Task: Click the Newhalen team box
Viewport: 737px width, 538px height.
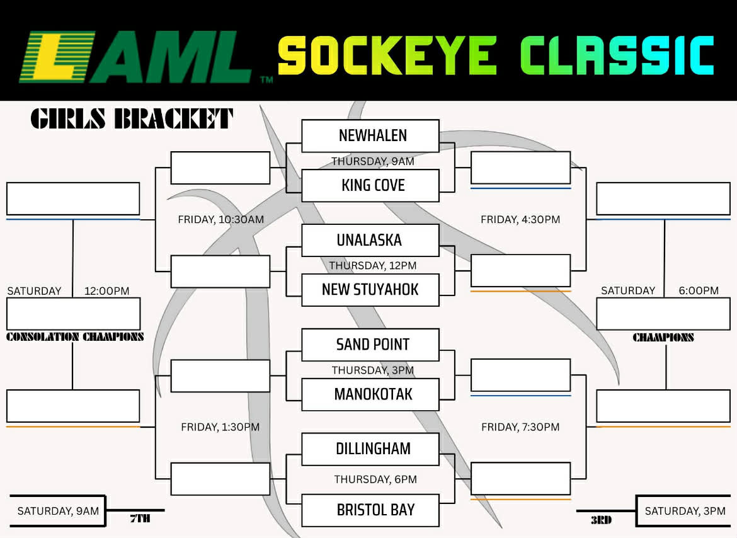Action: pos(370,135)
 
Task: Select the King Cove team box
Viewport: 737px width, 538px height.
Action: pos(370,185)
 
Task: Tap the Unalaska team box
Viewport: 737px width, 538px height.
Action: pos(370,240)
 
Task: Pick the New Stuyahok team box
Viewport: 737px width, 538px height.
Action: pos(370,290)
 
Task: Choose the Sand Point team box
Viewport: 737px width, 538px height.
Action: pos(370,345)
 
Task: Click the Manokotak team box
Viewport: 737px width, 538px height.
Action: pos(370,394)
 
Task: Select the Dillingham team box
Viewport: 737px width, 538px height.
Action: pos(370,449)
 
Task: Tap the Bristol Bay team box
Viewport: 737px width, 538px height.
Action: pos(370,510)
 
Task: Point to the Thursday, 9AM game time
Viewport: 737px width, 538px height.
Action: pos(373,161)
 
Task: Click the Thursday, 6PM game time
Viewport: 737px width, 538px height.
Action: pos(375,479)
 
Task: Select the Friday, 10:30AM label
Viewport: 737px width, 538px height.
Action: pos(220,220)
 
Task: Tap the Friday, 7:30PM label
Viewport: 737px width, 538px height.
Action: pos(520,427)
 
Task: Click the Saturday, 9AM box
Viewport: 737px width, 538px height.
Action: pos(58,511)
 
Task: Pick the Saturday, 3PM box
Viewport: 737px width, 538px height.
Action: pos(685,511)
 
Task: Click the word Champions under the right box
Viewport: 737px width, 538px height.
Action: pos(663,338)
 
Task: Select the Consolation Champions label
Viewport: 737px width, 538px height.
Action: pos(75,337)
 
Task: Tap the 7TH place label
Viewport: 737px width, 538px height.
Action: pos(140,519)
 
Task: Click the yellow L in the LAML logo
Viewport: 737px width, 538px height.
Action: pos(57,58)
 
